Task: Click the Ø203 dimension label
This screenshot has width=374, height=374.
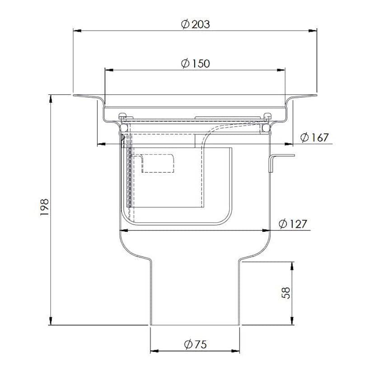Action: [195, 24]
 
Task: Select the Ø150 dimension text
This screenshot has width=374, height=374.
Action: [195, 63]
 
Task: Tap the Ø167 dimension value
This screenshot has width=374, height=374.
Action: [314, 137]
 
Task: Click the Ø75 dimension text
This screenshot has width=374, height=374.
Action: [195, 345]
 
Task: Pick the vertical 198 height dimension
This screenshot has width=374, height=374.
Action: [44, 209]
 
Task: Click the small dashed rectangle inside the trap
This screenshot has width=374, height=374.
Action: [158, 163]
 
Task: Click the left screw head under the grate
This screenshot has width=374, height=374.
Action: [122, 116]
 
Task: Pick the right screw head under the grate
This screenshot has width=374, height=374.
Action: [268, 116]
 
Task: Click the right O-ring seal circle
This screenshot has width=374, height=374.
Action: [266, 129]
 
